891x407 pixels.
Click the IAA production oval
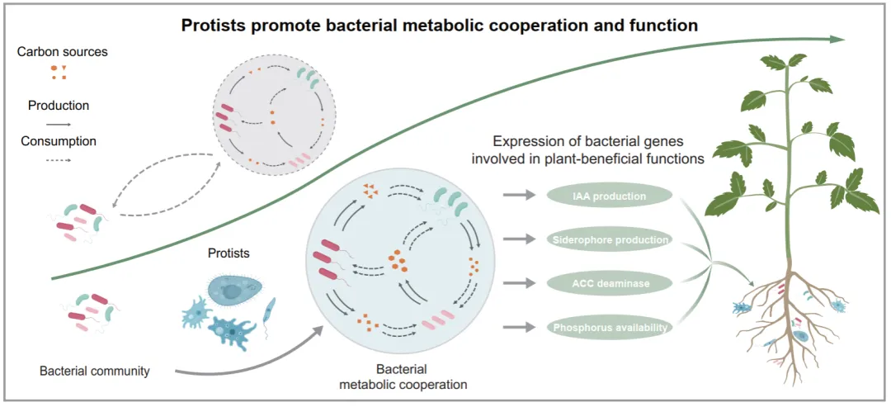tap(609, 196)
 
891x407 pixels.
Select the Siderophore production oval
tap(609, 240)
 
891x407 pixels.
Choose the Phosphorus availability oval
tap(609, 328)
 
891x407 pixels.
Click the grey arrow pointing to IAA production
tap(520, 196)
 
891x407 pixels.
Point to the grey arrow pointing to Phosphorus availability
tap(520, 327)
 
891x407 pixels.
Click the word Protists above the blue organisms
tap(229, 253)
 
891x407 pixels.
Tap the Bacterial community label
tap(94, 372)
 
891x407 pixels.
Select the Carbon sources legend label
tap(63, 52)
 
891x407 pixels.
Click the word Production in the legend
tap(59, 106)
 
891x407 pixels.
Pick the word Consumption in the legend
tap(59, 140)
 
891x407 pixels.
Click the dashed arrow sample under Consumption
tap(58, 160)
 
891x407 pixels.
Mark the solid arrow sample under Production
tap(58, 123)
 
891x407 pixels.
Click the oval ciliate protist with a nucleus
tap(234, 290)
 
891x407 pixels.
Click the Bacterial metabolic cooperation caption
tap(403, 377)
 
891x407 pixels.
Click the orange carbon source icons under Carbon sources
tap(59, 72)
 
